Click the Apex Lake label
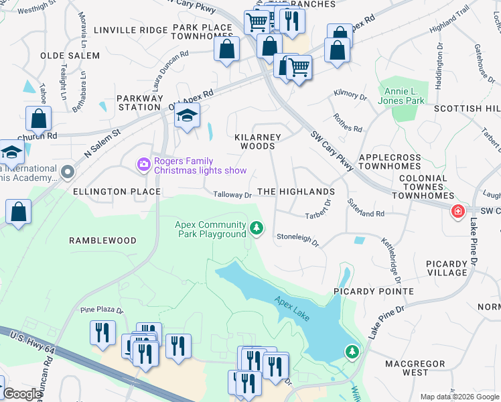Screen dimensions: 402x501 [x=292, y=306]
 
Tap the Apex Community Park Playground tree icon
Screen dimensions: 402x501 [x=256, y=229]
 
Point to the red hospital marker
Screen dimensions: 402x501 [x=458, y=212]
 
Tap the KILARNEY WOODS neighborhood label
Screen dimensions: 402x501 [x=258, y=141]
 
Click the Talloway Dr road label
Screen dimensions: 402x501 [x=232, y=195]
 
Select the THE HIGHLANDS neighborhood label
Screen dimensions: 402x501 [x=295, y=192]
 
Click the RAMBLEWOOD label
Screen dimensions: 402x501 [x=103, y=240]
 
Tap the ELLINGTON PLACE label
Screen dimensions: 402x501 [x=117, y=192]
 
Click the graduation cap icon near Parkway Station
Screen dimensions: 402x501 [x=188, y=115]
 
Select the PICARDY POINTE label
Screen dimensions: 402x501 [x=374, y=291]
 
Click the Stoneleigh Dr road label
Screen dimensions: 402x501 [x=297, y=237]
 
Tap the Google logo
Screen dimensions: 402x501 [x=22, y=394]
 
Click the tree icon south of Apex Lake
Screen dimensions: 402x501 [x=352, y=351]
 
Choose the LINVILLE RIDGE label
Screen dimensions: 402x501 [x=131, y=30]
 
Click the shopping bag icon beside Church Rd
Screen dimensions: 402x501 [x=40, y=119]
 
